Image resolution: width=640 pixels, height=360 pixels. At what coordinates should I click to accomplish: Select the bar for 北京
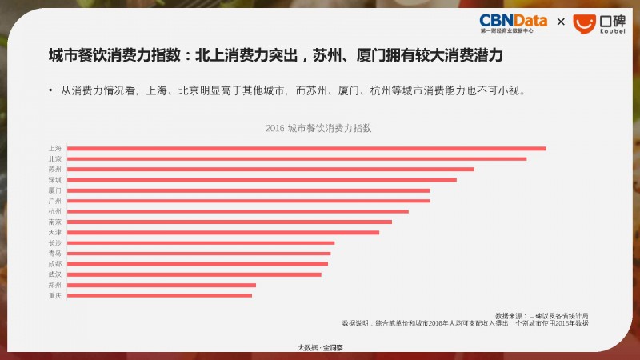pos(297,158)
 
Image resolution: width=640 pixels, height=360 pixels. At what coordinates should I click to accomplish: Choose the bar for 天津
pos(223,232)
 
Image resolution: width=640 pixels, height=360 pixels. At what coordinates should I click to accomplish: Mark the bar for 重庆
pos(159,295)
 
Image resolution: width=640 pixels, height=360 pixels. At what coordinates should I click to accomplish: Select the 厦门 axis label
pos(54,190)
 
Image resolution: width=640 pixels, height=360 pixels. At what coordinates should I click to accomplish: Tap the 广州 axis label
pos(54,201)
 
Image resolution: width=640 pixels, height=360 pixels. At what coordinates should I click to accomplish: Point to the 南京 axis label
pos(54,222)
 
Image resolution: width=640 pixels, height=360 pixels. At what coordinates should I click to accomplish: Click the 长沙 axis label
pos(54,242)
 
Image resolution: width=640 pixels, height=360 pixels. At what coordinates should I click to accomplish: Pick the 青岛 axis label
pos(54,253)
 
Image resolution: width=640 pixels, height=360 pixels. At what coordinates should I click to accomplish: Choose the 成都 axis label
pos(54,263)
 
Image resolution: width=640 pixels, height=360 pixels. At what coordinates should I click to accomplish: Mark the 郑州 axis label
pos(54,285)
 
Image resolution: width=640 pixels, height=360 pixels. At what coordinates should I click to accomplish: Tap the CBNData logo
pos(513,22)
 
